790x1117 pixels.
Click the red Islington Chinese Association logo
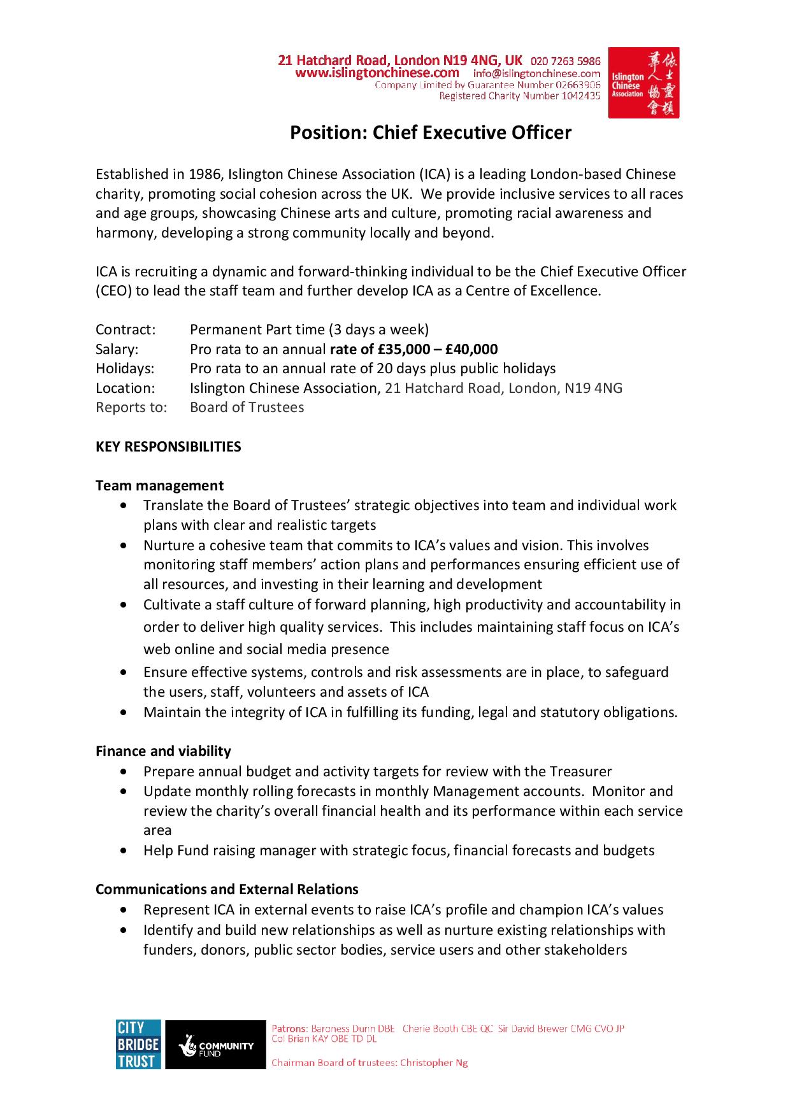[643, 82]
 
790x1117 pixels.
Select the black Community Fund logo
[215, 1044]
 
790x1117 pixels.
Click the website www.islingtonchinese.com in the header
[377, 73]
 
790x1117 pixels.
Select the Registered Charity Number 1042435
[520, 96]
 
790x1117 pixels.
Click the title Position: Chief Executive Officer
[431, 132]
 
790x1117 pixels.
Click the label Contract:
[126, 329]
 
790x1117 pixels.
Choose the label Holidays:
[125, 368]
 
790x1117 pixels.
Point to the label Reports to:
[131, 407]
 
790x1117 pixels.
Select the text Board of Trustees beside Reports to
[247, 407]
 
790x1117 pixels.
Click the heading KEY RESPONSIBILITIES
[168, 446]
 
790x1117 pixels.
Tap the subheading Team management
[159, 485]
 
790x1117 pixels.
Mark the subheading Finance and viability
[163, 751]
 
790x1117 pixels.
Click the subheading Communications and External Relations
[227, 889]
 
